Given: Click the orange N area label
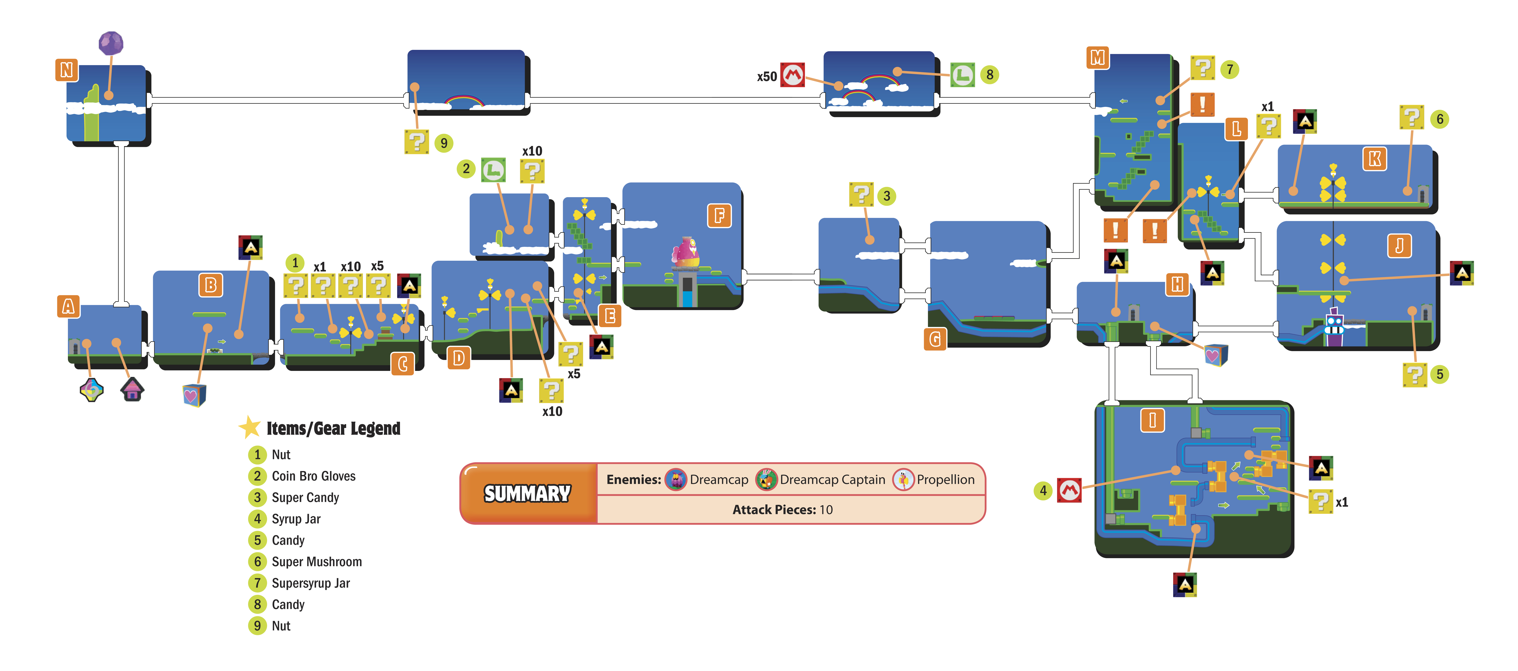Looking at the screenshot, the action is (67, 70).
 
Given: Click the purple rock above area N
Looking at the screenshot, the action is (111, 43).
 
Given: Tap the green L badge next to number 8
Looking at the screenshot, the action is (962, 75).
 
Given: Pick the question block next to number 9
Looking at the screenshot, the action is (417, 142).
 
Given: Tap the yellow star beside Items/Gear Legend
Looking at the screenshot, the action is (250, 427).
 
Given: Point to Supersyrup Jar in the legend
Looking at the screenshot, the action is (311, 583).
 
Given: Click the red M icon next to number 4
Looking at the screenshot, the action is (1070, 490).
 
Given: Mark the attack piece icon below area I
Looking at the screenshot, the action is (1185, 585).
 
